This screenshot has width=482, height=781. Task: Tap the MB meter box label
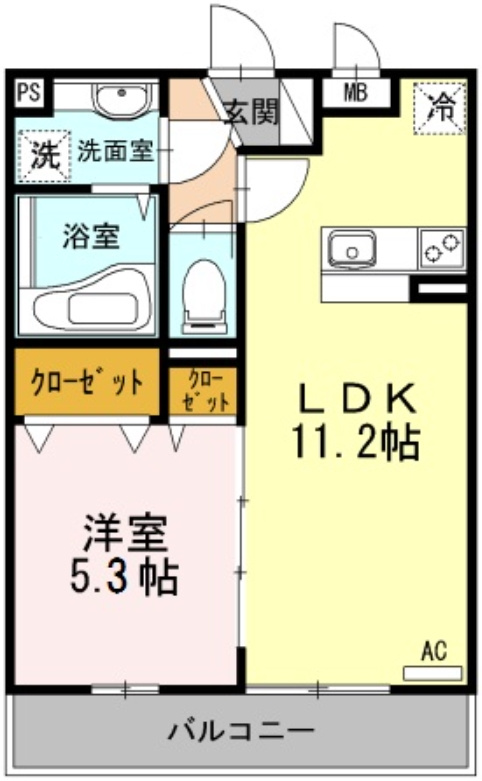pos(355,94)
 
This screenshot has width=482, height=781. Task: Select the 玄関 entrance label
pos(249,111)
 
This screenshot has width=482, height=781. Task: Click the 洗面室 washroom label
pos(115,152)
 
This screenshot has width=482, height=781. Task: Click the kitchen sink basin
pos(351,247)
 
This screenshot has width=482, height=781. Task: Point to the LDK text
pos(358,398)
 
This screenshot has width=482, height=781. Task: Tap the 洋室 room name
pos(124,531)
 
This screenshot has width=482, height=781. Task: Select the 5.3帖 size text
pos(124,577)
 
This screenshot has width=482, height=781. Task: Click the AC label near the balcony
pos(432,652)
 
